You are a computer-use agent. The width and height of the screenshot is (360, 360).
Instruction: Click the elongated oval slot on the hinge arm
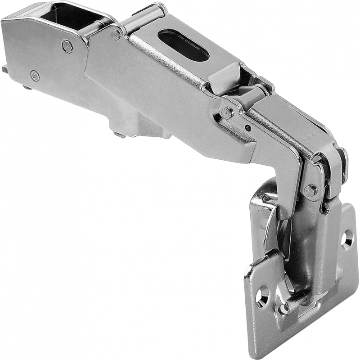click(184, 45)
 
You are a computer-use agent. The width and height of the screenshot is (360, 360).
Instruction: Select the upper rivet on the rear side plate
click(67, 45)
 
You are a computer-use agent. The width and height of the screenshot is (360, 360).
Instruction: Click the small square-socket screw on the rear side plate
click(35, 75)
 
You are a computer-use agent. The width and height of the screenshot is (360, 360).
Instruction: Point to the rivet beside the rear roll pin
click(116, 34)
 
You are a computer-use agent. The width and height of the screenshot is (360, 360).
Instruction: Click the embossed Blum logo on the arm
click(310, 135)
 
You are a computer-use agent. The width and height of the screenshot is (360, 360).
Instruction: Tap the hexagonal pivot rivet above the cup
click(310, 190)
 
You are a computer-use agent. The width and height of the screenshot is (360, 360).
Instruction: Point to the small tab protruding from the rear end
click(4, 69)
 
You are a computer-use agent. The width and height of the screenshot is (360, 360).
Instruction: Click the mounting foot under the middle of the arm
click(135, 126)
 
